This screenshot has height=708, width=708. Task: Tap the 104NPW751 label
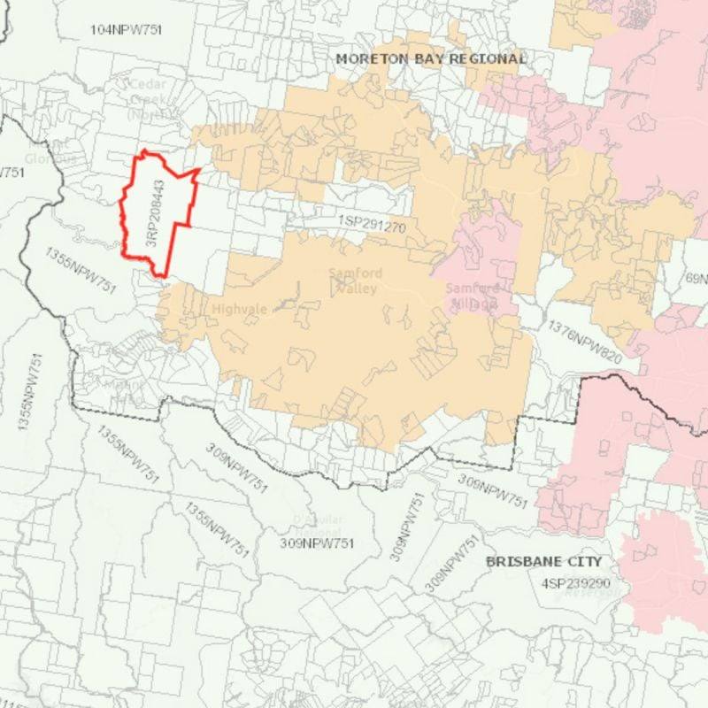tap(127, 30)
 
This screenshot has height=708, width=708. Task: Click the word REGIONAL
tap(489, 58)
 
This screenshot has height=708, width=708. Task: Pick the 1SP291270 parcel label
tap(371, 226)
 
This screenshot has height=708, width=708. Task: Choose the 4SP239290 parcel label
tap(575, 583)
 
